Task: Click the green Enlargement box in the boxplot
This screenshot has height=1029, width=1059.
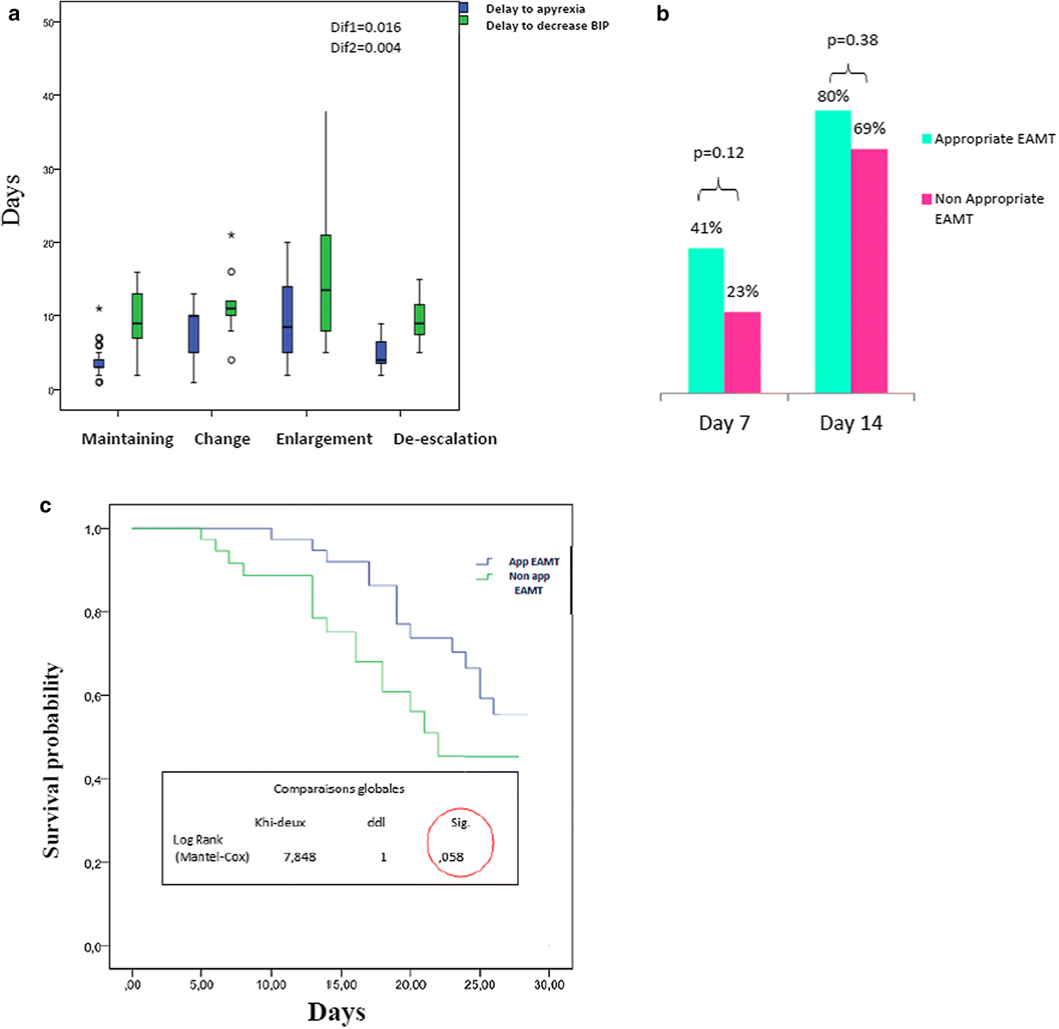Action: (x=325, y=283)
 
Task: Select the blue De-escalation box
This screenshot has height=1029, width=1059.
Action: (x=381, y=352)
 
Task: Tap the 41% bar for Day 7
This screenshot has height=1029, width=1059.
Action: (x=706, y=320)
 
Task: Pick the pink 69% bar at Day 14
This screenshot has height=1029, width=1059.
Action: (x=869, y=270)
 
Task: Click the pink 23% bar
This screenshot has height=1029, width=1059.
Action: (x=742, y=352)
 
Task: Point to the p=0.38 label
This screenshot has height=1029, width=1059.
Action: (x=852, y=41)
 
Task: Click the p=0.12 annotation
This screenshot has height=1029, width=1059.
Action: (x=718, y=153)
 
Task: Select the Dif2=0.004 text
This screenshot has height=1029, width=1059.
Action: (x=365, y=48)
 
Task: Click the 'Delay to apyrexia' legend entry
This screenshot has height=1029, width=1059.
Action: (x=535, y=9)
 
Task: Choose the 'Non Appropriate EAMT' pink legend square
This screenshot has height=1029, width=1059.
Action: (x=926, y=199)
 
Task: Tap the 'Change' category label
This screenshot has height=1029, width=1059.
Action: (x=222, y=439)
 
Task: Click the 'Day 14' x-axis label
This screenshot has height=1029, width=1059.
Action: (x=851, y=423)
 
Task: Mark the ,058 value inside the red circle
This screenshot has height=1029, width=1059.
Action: (x=451, y=857)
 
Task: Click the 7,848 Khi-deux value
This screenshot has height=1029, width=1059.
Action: (x=299, y=857)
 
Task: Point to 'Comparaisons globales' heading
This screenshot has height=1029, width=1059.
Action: (x=339, y=789)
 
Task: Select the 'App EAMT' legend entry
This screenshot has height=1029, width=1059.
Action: (x=534, y=562)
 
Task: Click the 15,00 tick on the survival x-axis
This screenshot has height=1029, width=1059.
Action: (x=341, y=985)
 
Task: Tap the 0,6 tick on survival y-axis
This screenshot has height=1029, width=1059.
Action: (x=93, y=696)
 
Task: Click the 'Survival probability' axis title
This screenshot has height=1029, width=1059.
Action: (x=52, y=760)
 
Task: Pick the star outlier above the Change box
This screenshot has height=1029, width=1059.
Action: (x=231, y=235)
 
